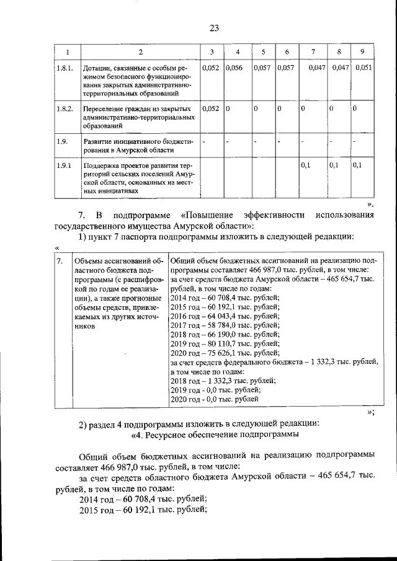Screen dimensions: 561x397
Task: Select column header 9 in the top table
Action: point(362,51)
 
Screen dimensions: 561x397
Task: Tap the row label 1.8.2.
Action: point(65,108)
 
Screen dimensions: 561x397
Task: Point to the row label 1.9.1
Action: point(64,166)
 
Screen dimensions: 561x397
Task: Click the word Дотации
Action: point(99,68)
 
